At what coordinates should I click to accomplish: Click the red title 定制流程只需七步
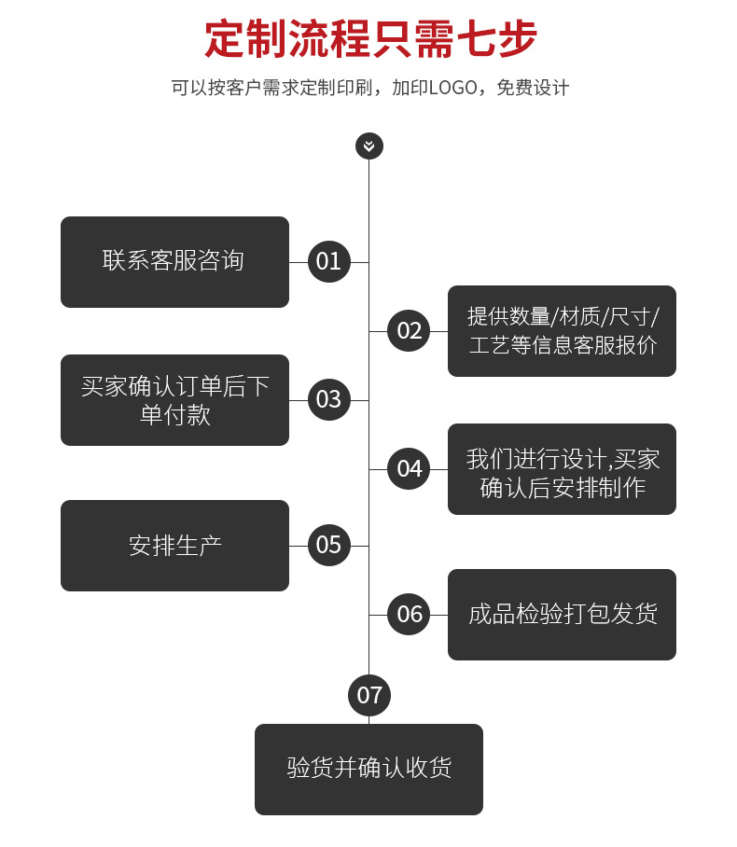[370, 39]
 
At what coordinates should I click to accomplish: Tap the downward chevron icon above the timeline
[369, 146]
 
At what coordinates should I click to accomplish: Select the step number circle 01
[328, 261]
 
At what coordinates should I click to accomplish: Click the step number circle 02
[409, 330]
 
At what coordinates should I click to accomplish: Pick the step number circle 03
[328, 399]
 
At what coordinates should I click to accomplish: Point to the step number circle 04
[409, 468]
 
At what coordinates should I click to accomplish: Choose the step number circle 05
[328, 545]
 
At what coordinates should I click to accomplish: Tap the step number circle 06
[409, 614]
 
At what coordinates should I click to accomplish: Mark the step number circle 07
[369, 695]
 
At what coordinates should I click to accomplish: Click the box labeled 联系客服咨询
[174, 261]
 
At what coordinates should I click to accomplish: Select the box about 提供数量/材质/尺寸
[562, 330]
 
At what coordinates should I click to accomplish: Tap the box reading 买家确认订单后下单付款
[174, 399]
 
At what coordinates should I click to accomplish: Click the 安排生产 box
[174, 545]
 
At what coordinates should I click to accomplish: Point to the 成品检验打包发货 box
[562, 614]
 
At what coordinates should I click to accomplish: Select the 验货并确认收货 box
[368, 769]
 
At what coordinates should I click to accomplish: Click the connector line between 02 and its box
[439, 331]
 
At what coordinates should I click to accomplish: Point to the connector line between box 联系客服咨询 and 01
[298, 262]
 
